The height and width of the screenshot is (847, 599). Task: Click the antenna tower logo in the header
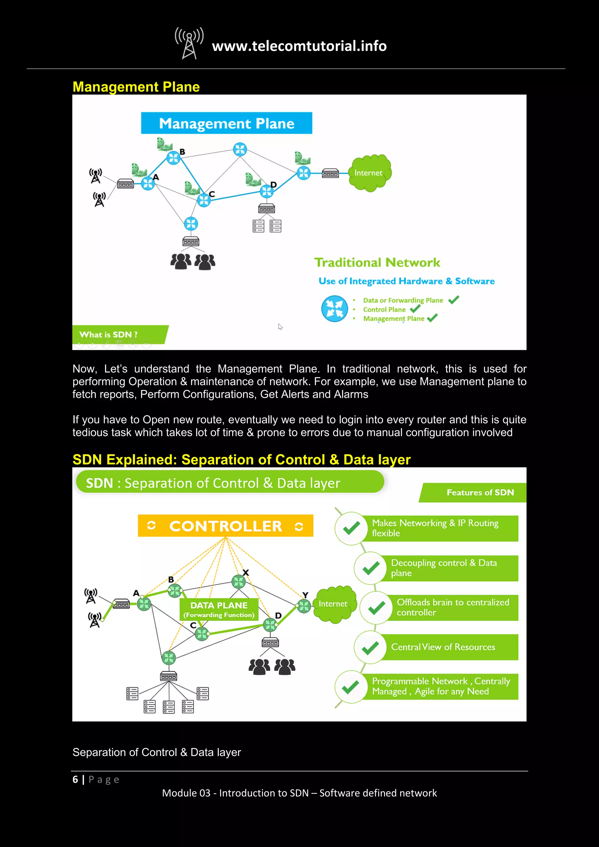tap(189, 43)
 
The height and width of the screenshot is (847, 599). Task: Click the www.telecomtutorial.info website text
tap(299, 46)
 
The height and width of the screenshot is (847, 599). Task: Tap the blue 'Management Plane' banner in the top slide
tap(226, 123)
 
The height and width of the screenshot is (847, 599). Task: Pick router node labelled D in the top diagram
tap(266, 191)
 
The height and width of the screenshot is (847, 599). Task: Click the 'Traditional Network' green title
tap(377, 262)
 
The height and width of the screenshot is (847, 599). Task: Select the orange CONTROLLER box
tap(226, 526)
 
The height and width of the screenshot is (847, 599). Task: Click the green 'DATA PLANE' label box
tap(219, 610)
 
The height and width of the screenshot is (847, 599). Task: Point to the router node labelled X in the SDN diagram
tap(238, 582)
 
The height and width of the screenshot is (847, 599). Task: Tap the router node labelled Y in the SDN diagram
tap(304, 606)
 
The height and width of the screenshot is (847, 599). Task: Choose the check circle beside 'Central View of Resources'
tap(370, 648)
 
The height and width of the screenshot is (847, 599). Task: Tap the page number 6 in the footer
tap(75, 779)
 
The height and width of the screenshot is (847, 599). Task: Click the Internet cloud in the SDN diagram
tap(334, 604)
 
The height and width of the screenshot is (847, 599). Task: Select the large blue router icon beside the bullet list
tap(335, 309)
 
